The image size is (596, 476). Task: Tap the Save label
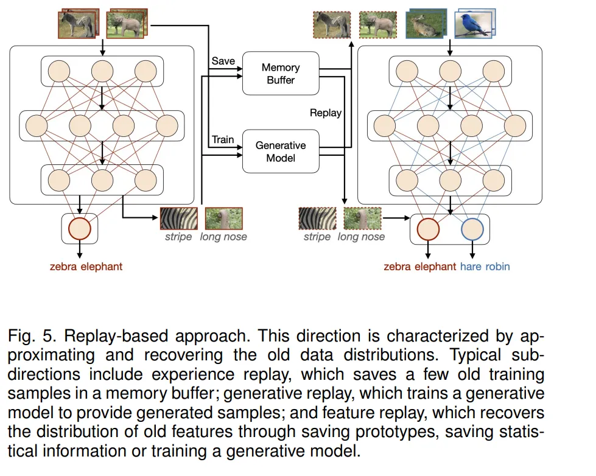click(223, 61)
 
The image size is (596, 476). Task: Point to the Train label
click(223, 139)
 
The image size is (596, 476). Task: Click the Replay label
click(325, 113)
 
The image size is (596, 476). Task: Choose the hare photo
click(426, 24)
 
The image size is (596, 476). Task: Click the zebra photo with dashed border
click(332, 25)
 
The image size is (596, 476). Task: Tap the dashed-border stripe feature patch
click(317, 219)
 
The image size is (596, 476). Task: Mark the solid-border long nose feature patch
click(224, 219)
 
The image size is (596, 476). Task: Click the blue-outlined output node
click(472, 229)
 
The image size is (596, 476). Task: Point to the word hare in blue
click(471, 267)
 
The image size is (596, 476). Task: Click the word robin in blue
click(497, 267)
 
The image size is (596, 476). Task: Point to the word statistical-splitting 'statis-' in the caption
click(519, 432)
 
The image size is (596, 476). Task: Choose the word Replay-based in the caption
click(116, 336)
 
